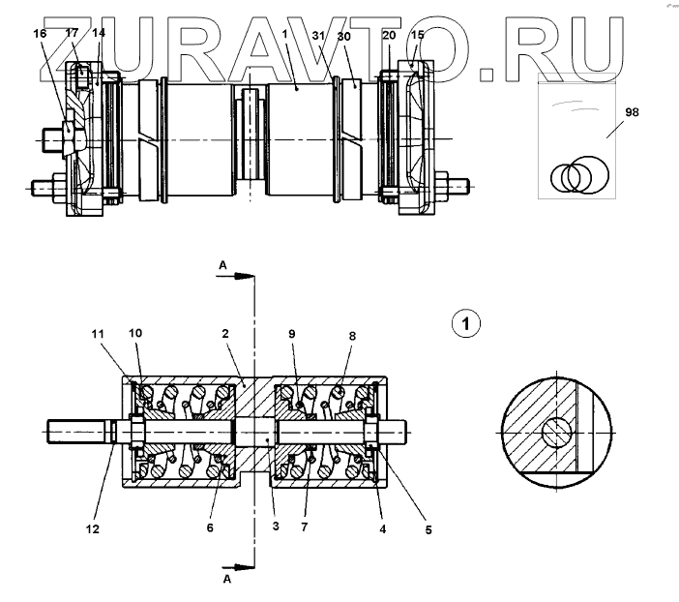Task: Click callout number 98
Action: click(631, 112)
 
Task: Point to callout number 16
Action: click(40, 33)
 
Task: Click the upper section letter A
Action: click(222, 264)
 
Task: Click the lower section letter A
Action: click(226, 580)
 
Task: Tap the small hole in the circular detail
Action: click(556, 432)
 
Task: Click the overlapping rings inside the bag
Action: click(577, 177)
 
